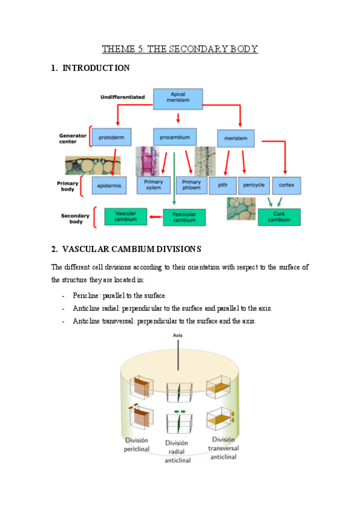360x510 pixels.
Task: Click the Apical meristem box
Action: [178, 99]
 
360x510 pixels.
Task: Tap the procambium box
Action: [174, 137]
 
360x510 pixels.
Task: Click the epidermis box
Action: [109, 186]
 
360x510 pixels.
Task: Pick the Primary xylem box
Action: [153, 185]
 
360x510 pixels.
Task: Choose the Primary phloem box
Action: [191, 185]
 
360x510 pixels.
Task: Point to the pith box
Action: [222, 185]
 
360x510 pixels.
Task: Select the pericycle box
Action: [253, 185]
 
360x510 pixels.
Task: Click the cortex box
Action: [287, 185]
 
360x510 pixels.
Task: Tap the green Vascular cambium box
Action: [126, 217]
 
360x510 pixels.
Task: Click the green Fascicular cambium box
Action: [184, 217]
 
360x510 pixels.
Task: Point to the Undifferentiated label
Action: [123, 96]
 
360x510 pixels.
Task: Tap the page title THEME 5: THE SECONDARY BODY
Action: [180, 49]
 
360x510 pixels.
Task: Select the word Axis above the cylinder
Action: [177, 335]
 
